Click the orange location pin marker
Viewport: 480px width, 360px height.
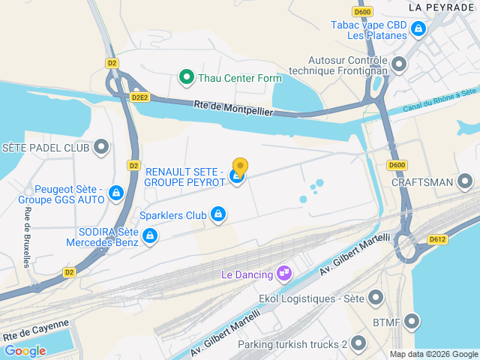(240, 166)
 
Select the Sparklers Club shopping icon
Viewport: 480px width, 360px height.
(218, 215)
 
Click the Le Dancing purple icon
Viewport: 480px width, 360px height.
(283, 274)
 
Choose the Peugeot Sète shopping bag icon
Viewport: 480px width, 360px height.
(115, 194)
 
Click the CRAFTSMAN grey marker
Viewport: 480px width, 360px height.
(465, 181)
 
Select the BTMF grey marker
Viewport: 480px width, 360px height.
(412, 322)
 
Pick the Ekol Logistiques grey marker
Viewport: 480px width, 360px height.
(376, 298)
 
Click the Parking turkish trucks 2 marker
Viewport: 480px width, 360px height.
(358, 344)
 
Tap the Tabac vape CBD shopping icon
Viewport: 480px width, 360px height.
(418, 30)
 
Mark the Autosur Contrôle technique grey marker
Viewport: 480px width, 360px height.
(399, 64)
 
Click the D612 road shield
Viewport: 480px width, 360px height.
(438, 239)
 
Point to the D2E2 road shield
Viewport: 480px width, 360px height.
(139, 97)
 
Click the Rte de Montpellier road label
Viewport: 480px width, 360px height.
(232, 108)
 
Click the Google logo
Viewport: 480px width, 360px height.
(25, 350)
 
